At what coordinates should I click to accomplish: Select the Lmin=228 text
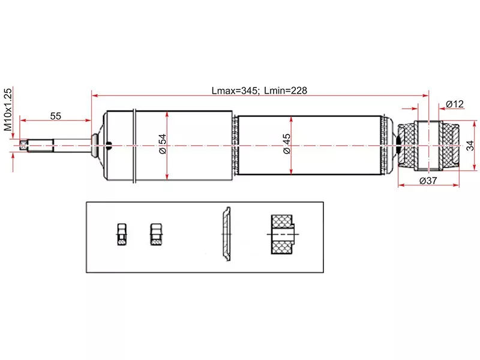coord(286,91)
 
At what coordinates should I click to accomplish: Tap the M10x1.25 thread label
coord(8,110)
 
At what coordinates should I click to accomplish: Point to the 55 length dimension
coord(55,116)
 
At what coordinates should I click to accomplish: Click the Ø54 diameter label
coord(162,144)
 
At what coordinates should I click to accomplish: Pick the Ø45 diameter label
coord(286,144)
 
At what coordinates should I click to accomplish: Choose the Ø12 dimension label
coord(455,104)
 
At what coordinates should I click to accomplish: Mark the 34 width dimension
coord(470,146)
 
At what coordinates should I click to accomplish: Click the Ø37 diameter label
coord(428,181)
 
